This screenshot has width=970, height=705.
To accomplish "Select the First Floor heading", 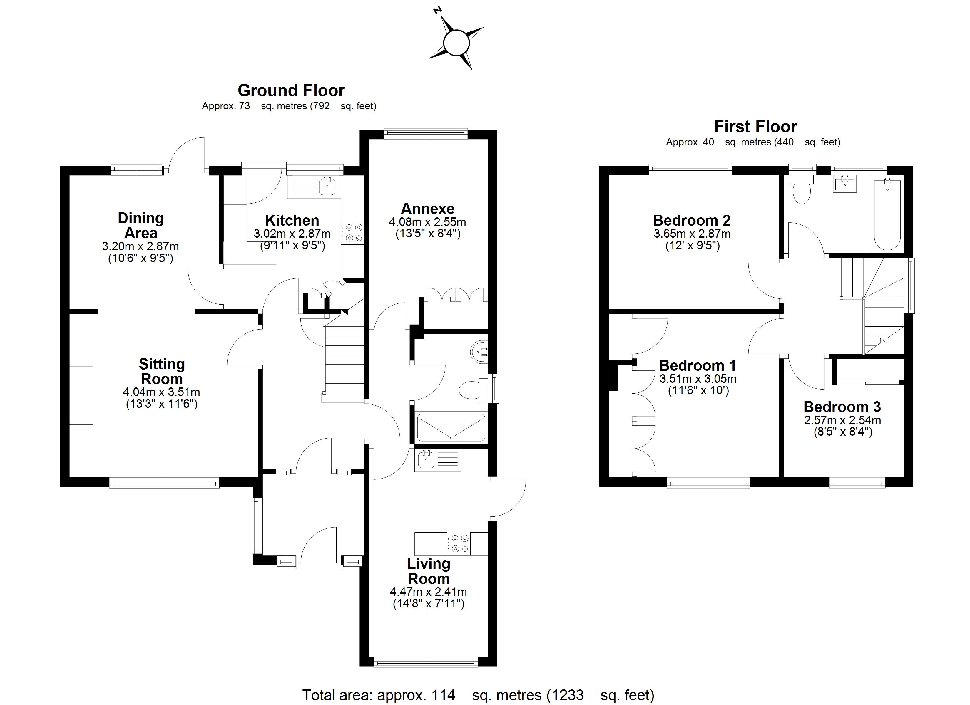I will click(755, 127).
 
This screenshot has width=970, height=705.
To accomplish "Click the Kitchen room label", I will click(292, 220).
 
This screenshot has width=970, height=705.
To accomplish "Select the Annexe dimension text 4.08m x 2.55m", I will click(427, 222).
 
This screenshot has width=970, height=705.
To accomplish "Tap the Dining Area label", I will click(141, 225).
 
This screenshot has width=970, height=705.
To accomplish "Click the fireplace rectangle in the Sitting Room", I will click(81, 395).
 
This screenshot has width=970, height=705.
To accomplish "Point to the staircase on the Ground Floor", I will click(344, 359).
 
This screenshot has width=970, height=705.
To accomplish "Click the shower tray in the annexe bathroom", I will click(451, 427).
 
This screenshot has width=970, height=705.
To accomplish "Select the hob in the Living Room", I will click(459, 543).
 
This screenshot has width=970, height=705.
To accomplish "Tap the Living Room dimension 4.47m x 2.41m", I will click(428, 592).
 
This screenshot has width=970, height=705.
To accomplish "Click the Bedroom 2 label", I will click(692, 220).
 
